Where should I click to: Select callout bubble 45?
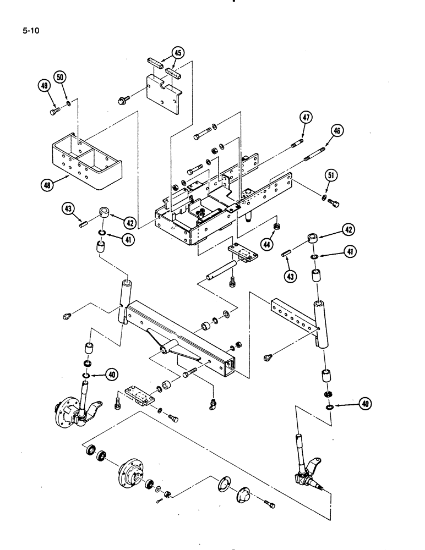point(177,52)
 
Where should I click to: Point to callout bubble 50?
point(61,75)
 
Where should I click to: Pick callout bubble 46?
point(336,131)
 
